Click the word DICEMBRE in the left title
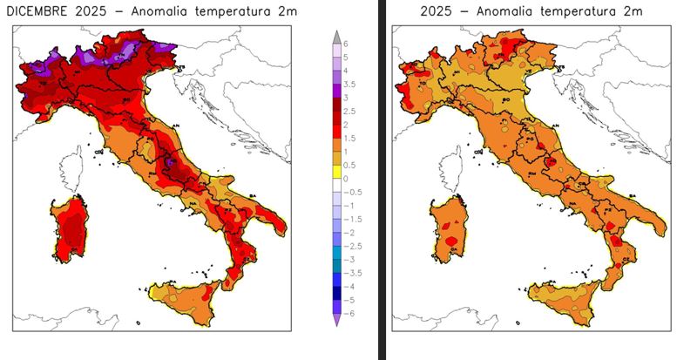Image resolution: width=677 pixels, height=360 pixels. pos(38,11)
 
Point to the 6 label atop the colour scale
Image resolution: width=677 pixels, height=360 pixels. pos(346,43)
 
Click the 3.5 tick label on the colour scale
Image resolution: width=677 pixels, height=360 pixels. pos(349,85)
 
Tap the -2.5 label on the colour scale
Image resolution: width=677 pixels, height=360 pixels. pos(351,246)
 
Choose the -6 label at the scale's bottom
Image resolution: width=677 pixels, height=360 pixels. pos(349,313)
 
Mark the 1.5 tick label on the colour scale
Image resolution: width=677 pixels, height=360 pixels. pos(349,138)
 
